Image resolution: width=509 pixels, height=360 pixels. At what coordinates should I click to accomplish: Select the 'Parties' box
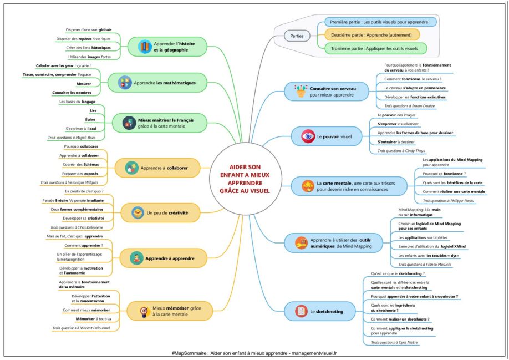point(297,36)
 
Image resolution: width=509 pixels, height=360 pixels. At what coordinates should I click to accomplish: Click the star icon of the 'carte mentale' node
point(307,185)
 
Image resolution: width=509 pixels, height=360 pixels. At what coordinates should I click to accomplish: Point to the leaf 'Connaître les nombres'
point(72,93)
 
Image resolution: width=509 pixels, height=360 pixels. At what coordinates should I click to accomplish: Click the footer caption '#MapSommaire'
point(191,353)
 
